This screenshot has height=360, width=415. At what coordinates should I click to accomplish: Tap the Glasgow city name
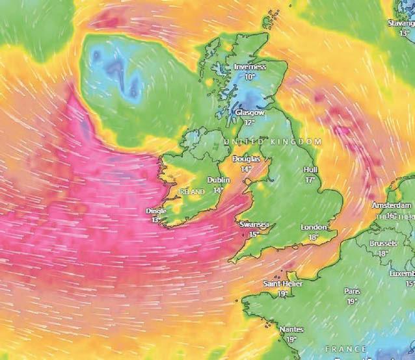pyautogui.click(x=249, y=112)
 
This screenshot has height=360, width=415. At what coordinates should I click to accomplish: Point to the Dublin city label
pyautogui.click(x=219, y=181)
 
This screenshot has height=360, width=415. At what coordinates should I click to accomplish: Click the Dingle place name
pyautogui.click(x=156, y=211)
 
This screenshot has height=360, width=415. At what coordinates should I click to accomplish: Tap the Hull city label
pyautogui.click(x=310, y=170)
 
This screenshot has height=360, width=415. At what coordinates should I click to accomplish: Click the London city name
pyautogui.click(x=313, y=227)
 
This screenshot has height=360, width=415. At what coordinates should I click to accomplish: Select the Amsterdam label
pyautogui.click(x=392, y=205)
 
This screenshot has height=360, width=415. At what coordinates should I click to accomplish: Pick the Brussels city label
pyautogui.click(x=382, y=243)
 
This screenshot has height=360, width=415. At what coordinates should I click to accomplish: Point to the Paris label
pyautogui.click(x=352, y=291)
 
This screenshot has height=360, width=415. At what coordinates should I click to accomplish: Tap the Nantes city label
pyautogui.click(x=291, y=329)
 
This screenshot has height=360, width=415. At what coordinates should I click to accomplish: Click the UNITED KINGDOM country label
pyautogui.click(x=273, y=142)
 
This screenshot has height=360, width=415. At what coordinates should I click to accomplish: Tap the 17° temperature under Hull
pyautogui.click(x=311, y=179)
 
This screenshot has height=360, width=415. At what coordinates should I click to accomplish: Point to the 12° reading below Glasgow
pyautogui.click(x=249, y=122)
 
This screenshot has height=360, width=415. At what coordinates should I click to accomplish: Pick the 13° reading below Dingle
pyautogui.click(x=155, y=220)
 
